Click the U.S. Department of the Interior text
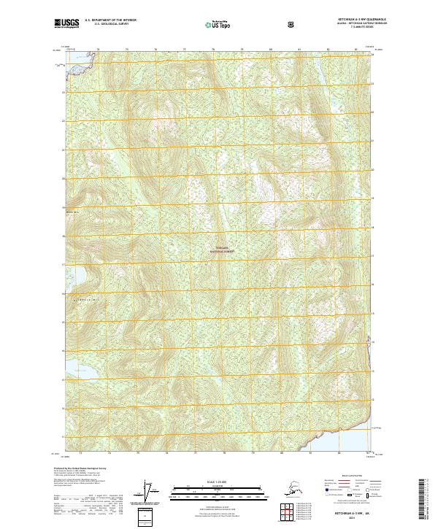click(111, 20)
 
